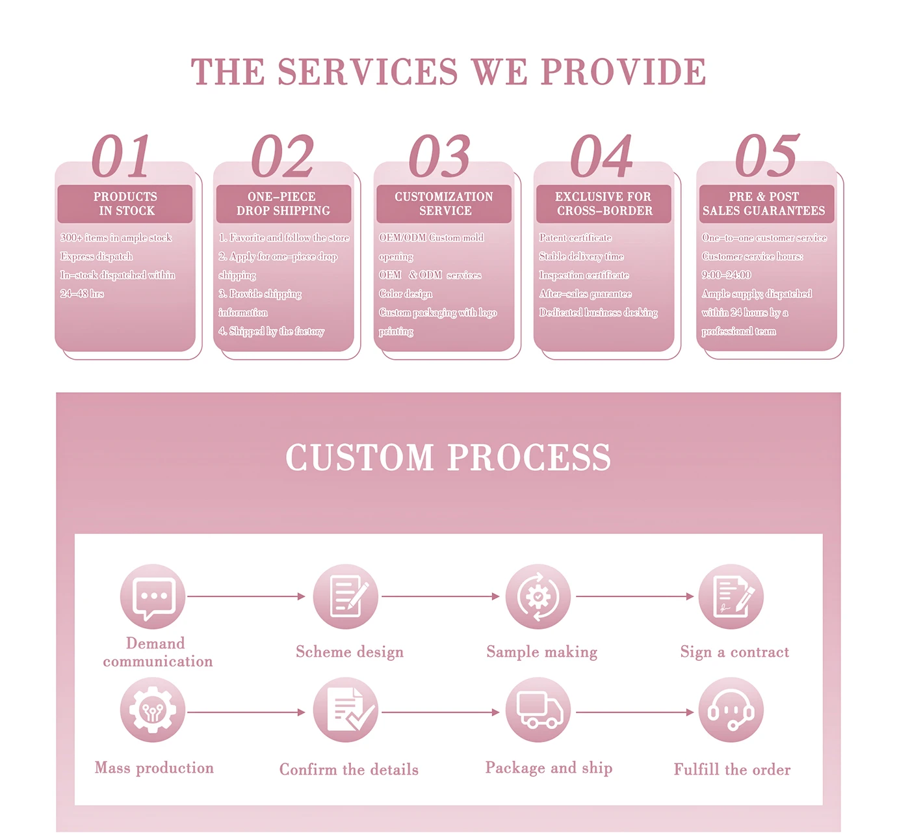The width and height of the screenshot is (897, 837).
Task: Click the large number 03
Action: click(x=439, y=156)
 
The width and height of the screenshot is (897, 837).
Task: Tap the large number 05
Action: click(x=766, y=156)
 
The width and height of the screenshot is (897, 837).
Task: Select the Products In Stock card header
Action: click(x=125, y=204)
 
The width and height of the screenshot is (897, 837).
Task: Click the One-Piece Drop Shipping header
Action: click(x=283, y=204)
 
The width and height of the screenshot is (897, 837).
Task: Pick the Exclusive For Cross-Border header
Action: click(x=603, y=204)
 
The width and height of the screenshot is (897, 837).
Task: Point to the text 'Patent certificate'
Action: click(x=575, y=238)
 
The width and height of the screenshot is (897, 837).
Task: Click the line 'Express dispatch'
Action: click(x=96, y=257)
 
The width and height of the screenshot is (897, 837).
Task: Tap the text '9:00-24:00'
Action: click(x=726, y=275)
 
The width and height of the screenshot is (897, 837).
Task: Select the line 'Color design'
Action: click(x=406, y=294)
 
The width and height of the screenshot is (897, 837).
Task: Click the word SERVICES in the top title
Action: click(x=368, y=72)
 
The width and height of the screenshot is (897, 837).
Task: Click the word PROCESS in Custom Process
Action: click(x=529, y=457)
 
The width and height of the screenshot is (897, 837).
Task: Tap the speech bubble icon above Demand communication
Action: click(x=153, y=596)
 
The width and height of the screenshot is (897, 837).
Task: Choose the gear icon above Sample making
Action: click(x=538, y=596)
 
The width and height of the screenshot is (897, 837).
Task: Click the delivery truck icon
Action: click(x=538, y=710)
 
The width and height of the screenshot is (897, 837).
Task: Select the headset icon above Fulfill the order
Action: click(x=731, y=710)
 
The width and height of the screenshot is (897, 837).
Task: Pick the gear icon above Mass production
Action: click(x=153, y=710)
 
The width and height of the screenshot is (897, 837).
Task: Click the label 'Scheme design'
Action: click(x=350, y=652)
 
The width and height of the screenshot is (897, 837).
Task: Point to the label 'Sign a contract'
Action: click(x=734, y=652)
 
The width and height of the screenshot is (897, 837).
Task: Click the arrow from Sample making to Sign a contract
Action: click(x=634, y=596)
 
